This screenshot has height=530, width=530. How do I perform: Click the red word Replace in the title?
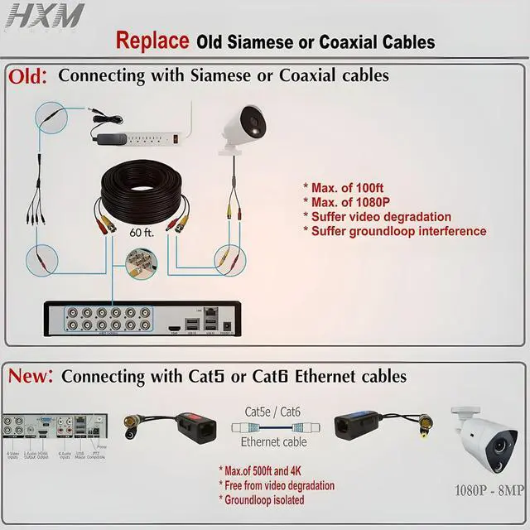coord(152,41)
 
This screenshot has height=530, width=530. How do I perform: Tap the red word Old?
coord(28,76)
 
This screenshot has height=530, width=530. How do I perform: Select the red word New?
coord(31,376)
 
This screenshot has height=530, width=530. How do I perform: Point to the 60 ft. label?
coord(142,234)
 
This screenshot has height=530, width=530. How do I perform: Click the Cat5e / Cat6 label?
coord(272,411)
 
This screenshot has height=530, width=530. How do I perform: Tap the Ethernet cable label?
coord(274,442)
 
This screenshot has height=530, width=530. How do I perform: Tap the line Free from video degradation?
coord(277,485)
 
